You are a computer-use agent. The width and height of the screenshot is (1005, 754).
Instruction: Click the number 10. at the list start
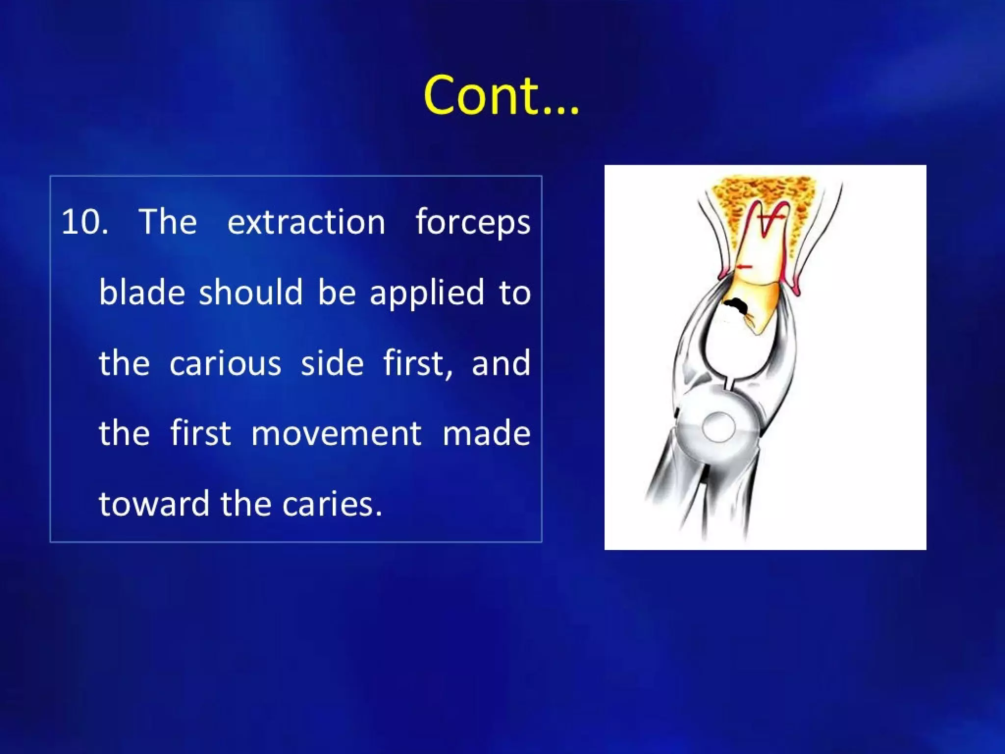click(x=84, y=222)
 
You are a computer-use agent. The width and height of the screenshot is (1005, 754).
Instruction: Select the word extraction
click(x=306, y=222)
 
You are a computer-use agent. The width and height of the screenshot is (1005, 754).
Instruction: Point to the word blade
click(x=142, y=293)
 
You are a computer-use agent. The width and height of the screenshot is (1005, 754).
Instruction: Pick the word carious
click(x=225, y=363)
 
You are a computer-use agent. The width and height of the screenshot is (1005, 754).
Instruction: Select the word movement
click(x=336, y=433)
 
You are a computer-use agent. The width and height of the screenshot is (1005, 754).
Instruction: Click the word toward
click(x=154, y=504)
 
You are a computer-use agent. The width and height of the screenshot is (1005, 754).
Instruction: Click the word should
click(x=251, y=293)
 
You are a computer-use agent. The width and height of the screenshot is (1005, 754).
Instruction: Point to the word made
click(x=486, y=433)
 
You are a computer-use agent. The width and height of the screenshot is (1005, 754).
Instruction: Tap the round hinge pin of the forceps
click(x=718, y=427)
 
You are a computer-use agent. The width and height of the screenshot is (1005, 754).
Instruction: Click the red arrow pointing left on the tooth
click(x=744, y=267)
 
